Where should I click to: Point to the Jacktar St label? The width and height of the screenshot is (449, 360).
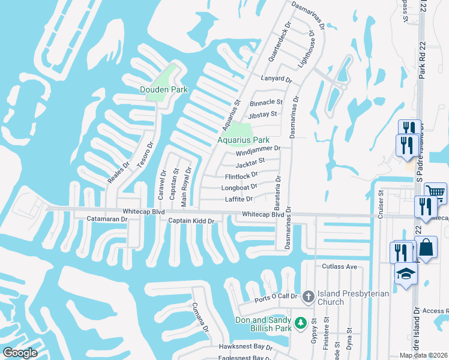click(250, 163)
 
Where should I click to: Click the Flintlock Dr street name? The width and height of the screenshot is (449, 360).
click(241, 176)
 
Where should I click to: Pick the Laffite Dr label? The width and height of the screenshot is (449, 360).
click(239, 199)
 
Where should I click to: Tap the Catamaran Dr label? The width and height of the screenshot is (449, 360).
click(107, 220)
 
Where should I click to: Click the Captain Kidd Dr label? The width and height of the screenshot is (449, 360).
click(191, 221)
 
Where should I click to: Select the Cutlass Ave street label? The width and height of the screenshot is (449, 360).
click(339, 266)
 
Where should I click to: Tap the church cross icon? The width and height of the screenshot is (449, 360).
click(308, 296)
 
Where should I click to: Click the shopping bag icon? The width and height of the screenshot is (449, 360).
click(426, 247)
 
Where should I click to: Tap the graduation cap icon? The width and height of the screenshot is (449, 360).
click(406, 274)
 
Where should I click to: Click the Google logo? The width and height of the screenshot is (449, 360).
click(20, 353)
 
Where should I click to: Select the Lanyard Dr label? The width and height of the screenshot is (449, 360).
click(276, 79)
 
